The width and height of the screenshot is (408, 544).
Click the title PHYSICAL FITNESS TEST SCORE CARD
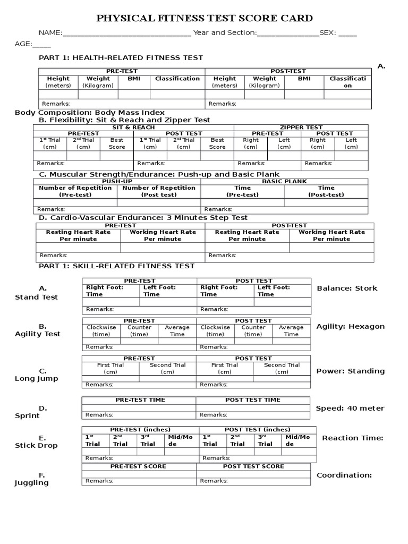click(x=204, y=19)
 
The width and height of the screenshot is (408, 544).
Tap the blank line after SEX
click(x=347, y=35)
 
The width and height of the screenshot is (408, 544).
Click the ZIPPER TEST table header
click(x=301, y=127)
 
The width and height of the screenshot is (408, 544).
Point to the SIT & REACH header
click(x=133, y=127)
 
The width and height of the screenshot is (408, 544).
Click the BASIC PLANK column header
click(x=284, y=181)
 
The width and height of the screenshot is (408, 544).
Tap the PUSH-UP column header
click(x=117, y=181)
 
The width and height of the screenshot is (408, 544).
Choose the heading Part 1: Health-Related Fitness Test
click(x=121, y=57)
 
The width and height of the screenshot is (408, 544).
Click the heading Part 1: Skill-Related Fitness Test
click(x=117, y=266)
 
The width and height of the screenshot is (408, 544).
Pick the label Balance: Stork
click(x=347, y=288)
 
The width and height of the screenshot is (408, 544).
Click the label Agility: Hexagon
click(x=350, y=327)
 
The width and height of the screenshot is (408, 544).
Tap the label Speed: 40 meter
click(x=350, y=409)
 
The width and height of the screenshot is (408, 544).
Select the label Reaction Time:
click(x=352, y=438)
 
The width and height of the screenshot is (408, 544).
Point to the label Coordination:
click(x=344, y=475)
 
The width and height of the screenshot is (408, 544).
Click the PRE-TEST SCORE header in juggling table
click(x=138, y=466)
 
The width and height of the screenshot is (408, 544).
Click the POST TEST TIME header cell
click(x=253, y=400)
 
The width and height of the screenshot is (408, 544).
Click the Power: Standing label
click(x=351, y=371)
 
